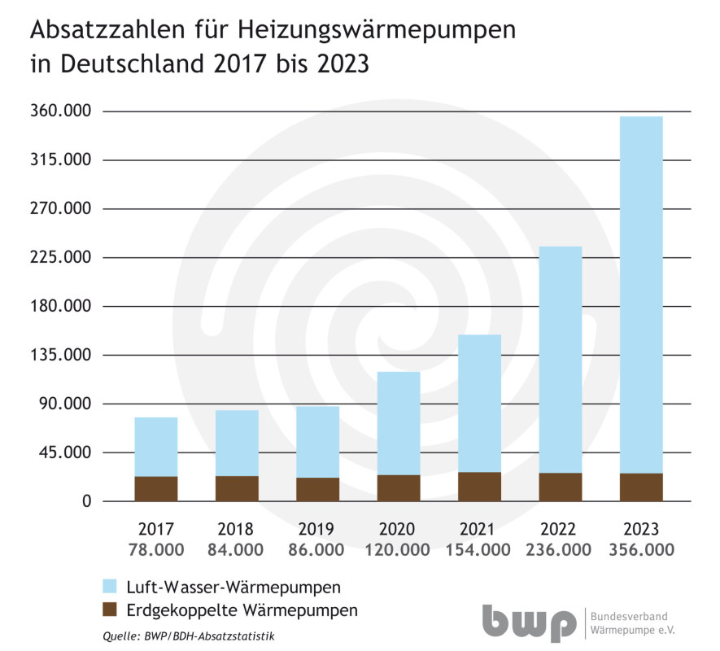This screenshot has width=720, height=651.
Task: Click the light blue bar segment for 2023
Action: coord(641,293)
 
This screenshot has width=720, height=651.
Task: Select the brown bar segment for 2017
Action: coord(156,488)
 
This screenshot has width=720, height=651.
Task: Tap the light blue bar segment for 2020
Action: coord(399,423)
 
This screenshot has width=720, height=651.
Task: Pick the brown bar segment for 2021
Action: coord(479,486)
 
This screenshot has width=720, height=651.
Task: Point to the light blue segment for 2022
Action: coord(561,358)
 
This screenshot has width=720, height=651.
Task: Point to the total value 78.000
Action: coord(156,550)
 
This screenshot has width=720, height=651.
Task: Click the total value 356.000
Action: coord(641,550)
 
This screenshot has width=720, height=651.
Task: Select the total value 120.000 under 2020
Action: coord(398,550)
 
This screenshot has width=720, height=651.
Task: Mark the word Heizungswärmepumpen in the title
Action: coord(377,31)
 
